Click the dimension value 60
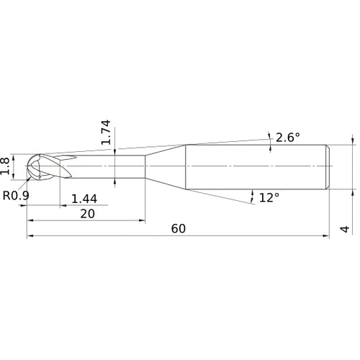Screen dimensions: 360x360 (x=179, y=228)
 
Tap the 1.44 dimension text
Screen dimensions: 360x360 (x=85, y=198)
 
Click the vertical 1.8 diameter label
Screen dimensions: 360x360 (x=6, y=165)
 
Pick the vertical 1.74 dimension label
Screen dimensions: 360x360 (x=105, y=132)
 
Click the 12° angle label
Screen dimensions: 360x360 (x=269, y=197)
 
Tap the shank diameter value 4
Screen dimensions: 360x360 (x=345, y=229)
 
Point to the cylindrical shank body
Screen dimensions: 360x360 (x=256, y=168)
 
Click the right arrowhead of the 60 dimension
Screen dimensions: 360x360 (x=328, y=235)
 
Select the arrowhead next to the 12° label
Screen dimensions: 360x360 (x=253, y=194)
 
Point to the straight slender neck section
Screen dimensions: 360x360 (x=108, y=168)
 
